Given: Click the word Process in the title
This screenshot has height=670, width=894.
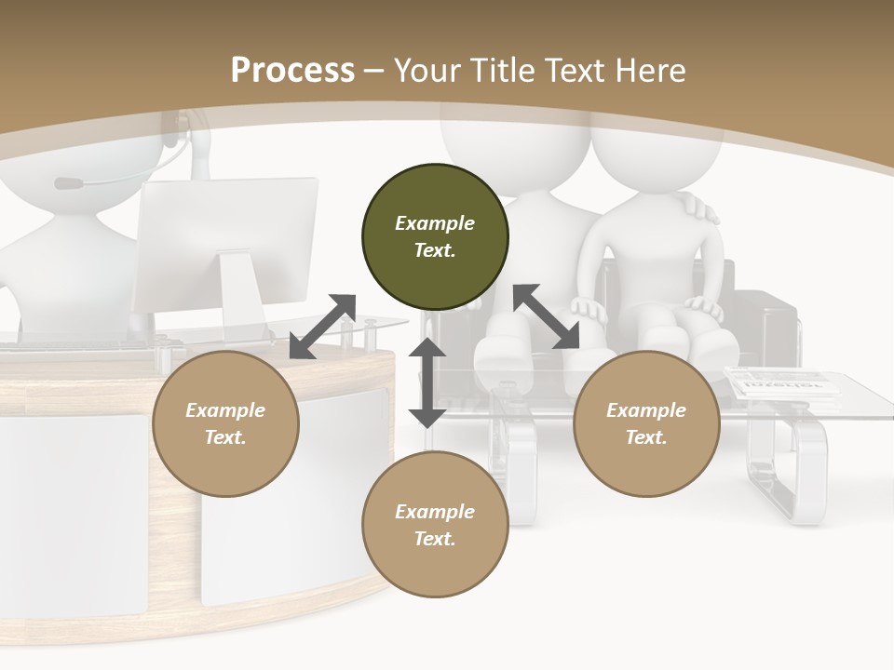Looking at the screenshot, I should (292, 70).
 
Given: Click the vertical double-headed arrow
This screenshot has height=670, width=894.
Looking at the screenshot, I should (427, 382).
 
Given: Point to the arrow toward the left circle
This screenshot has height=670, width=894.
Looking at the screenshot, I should (322, 327).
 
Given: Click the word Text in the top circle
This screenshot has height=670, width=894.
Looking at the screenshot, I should (434, 250).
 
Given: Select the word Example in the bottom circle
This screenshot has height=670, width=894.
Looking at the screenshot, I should (434, 512).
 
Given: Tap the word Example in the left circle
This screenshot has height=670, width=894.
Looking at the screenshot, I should (225, 410).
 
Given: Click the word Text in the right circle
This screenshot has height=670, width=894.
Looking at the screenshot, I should (645, 437).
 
